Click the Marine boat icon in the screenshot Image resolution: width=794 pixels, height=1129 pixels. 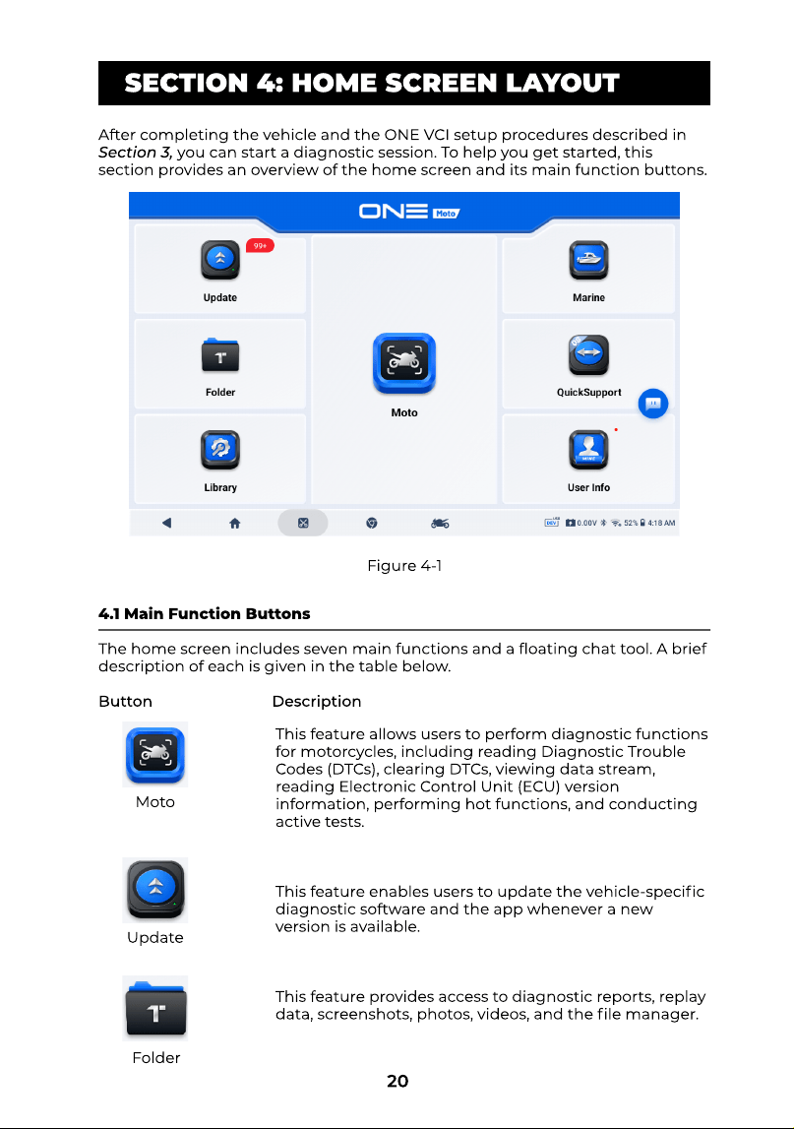(x=588, y=260)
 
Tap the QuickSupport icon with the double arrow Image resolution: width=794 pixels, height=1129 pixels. (x=588, y=355)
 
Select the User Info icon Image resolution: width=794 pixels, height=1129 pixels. (x=588, y=449)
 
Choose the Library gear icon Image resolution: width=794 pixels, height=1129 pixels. (x=220, y=449)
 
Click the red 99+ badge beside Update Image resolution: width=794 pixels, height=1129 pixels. (x=260, y=245)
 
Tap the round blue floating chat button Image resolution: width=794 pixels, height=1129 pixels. (x=653, y=404)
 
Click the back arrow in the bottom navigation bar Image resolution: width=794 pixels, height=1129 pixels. (x=166, y=523)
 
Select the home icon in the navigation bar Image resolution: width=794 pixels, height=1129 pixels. (x=235, y=524)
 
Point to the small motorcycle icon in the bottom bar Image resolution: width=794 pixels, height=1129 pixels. (x=440, y=524)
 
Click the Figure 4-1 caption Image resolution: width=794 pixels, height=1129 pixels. (x=404, y=566)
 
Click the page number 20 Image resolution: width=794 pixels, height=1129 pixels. (x=397, y=1081)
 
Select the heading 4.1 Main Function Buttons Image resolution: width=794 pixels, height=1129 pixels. (x=205, y=613)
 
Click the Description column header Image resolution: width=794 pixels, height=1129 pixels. (x=317, y=701)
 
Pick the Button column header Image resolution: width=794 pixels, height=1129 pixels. (x=125, y=701)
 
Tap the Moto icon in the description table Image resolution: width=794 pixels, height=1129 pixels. (x=155, y=755)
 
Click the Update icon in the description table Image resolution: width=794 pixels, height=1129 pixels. (x=155, y=890)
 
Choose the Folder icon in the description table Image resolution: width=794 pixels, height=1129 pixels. (x=155, y=1008)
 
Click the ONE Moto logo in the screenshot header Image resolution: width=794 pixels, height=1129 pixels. (x=409, y=211)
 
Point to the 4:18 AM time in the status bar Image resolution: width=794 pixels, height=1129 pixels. (x=661, y=524)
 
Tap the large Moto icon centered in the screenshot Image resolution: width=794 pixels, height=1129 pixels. (x=404, y=363)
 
